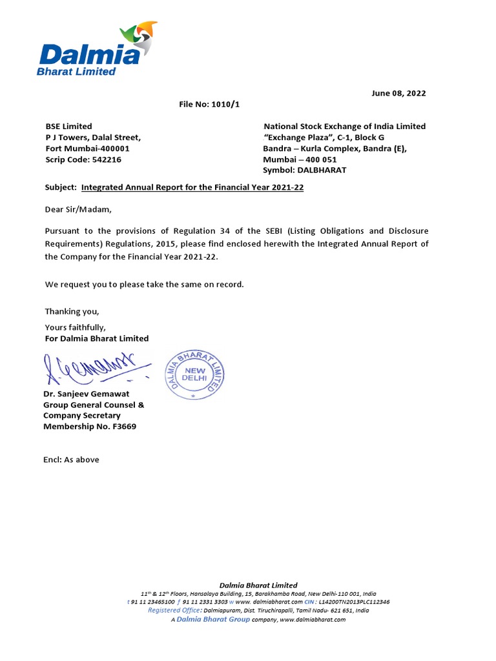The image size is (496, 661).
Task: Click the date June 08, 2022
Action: click(x=398, y=93)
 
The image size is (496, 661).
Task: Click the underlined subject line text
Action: click(x=192, y=187)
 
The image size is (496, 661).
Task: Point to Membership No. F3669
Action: click(x=90, y=427)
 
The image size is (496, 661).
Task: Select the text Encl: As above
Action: click(x=72, y=460)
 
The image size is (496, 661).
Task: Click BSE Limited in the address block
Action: click(x=68, y=127)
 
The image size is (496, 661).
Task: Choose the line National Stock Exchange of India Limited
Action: click(x=344, y=127)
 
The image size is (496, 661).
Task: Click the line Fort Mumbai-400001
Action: click(x=87, y=148)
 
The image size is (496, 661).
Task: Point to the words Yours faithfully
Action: click(x=75, y=327)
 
